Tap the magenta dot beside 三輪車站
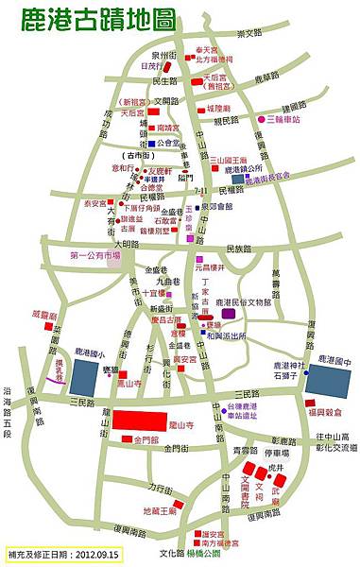coord(261,119)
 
